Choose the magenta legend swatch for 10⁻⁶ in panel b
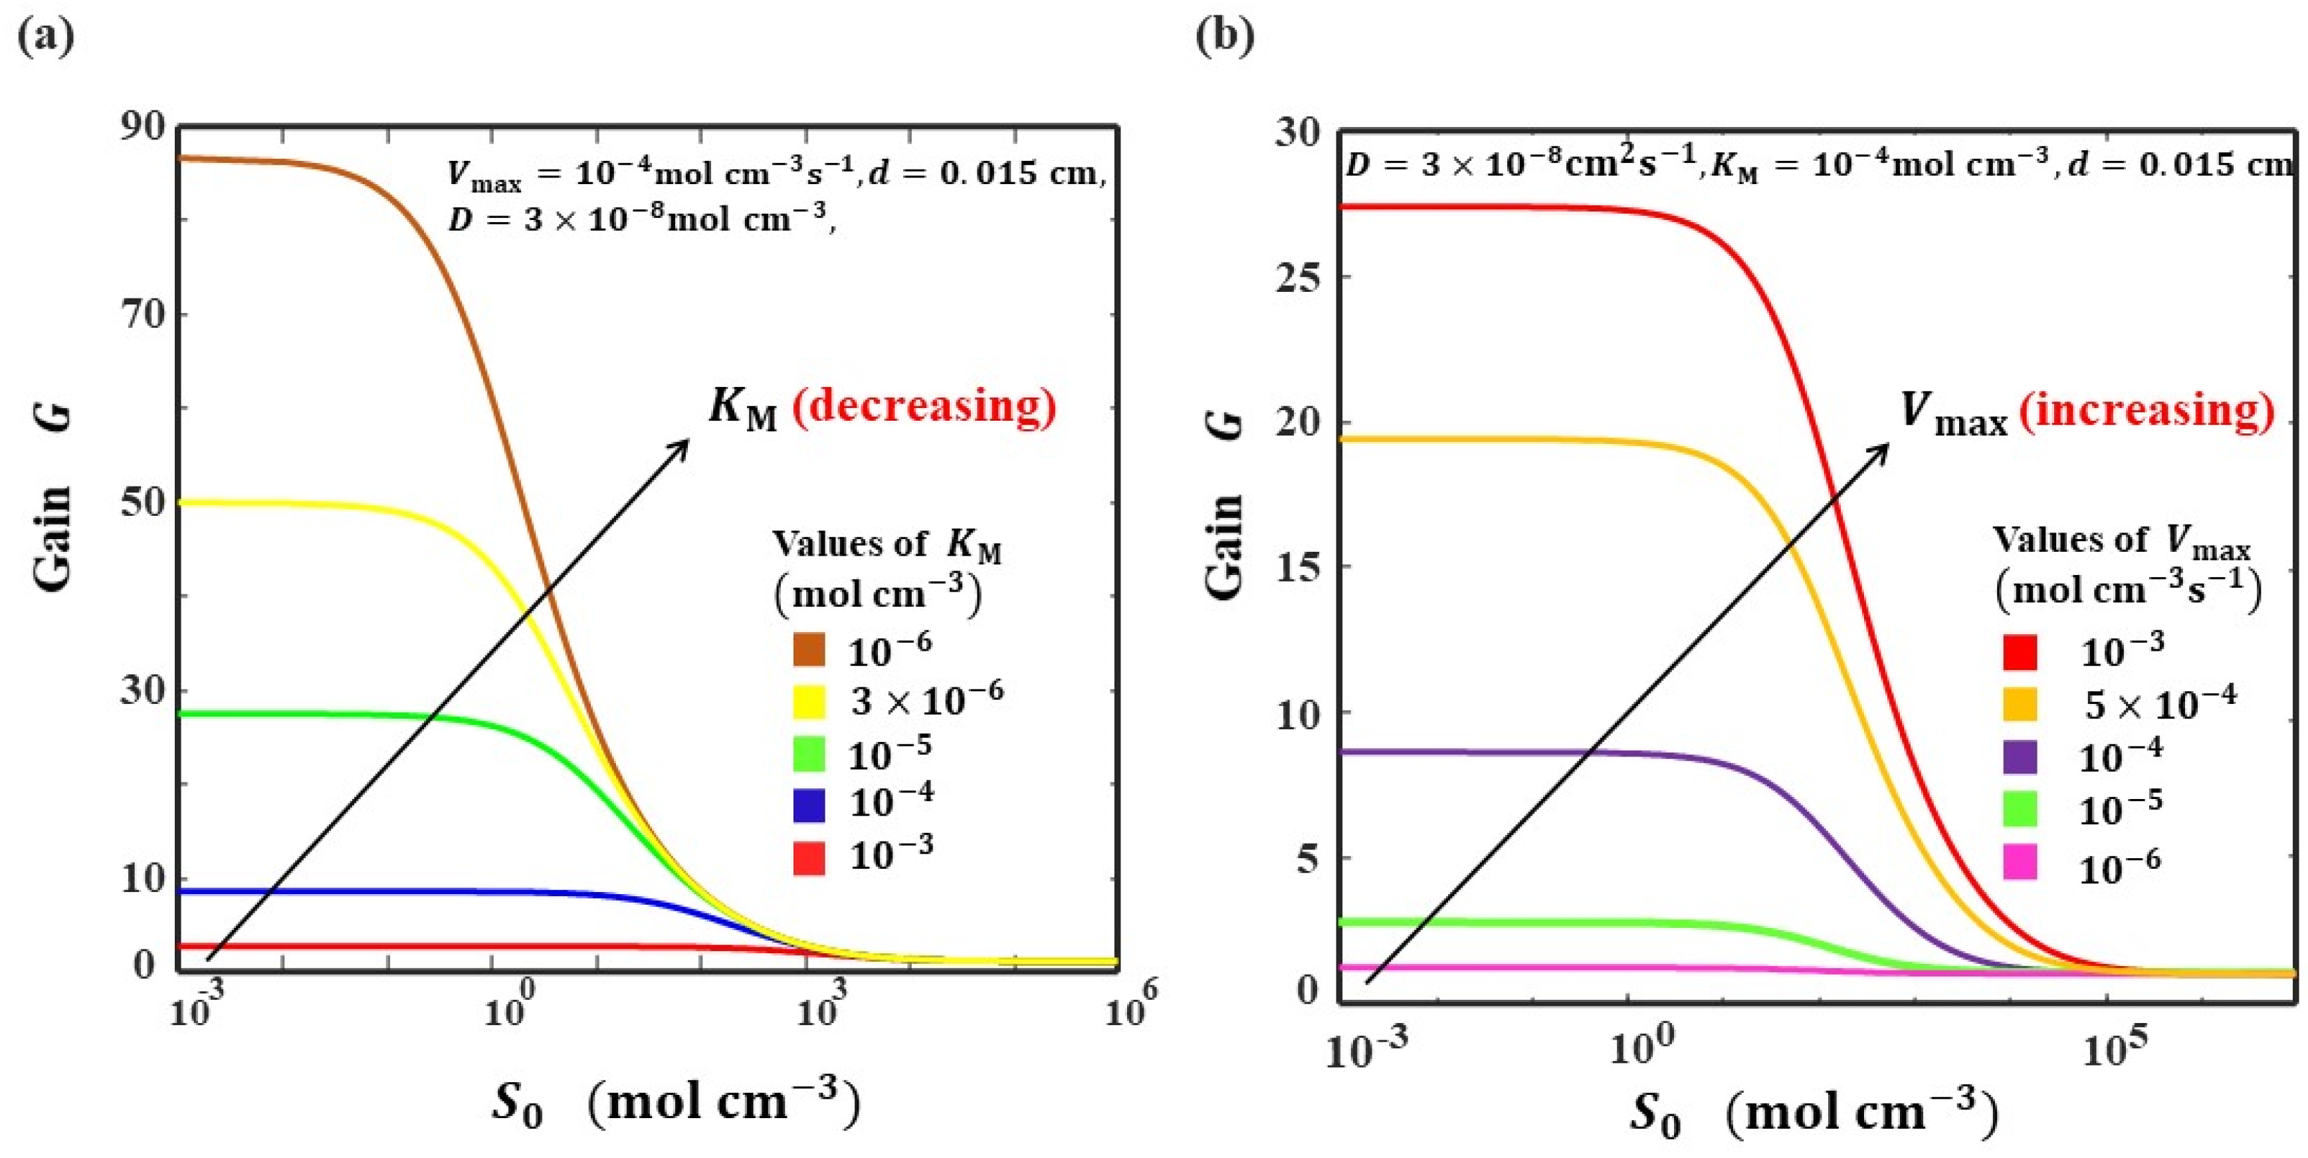(x=2020, y=862)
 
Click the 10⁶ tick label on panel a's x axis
(x=1130, y=1008)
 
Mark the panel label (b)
(x=1224, y=36)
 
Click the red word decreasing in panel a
(x=924, y=407)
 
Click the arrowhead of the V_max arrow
(x=1884, y=447)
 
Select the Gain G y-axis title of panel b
(x=1224, y=507)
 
